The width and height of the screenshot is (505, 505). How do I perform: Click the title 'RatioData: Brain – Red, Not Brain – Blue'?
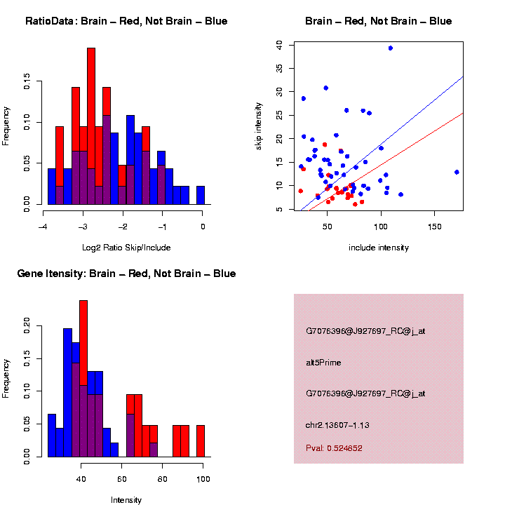(x=126, y=21)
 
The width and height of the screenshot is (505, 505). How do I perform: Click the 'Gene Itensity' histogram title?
(x=126, y=274)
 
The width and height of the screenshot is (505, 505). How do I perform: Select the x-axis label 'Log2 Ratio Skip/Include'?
(x=126, y=248)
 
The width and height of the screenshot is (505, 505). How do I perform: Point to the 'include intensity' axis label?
(x=379, y=248)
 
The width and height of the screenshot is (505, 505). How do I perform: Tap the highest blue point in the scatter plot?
(x=390, y=48)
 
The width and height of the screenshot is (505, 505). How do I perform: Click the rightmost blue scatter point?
(x=457, y=172)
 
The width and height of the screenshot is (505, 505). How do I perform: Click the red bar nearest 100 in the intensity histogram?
(x=201, y=441)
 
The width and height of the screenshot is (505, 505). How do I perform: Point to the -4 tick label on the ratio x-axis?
(x=43, y=227)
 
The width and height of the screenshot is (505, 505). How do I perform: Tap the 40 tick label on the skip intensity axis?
(x=279, y=44)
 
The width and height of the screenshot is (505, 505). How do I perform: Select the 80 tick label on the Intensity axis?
(x=163, y=480)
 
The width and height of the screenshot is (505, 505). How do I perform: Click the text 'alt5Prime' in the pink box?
(x=323, y=363)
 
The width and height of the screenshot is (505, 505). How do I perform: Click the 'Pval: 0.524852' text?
(x=334, y=448)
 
